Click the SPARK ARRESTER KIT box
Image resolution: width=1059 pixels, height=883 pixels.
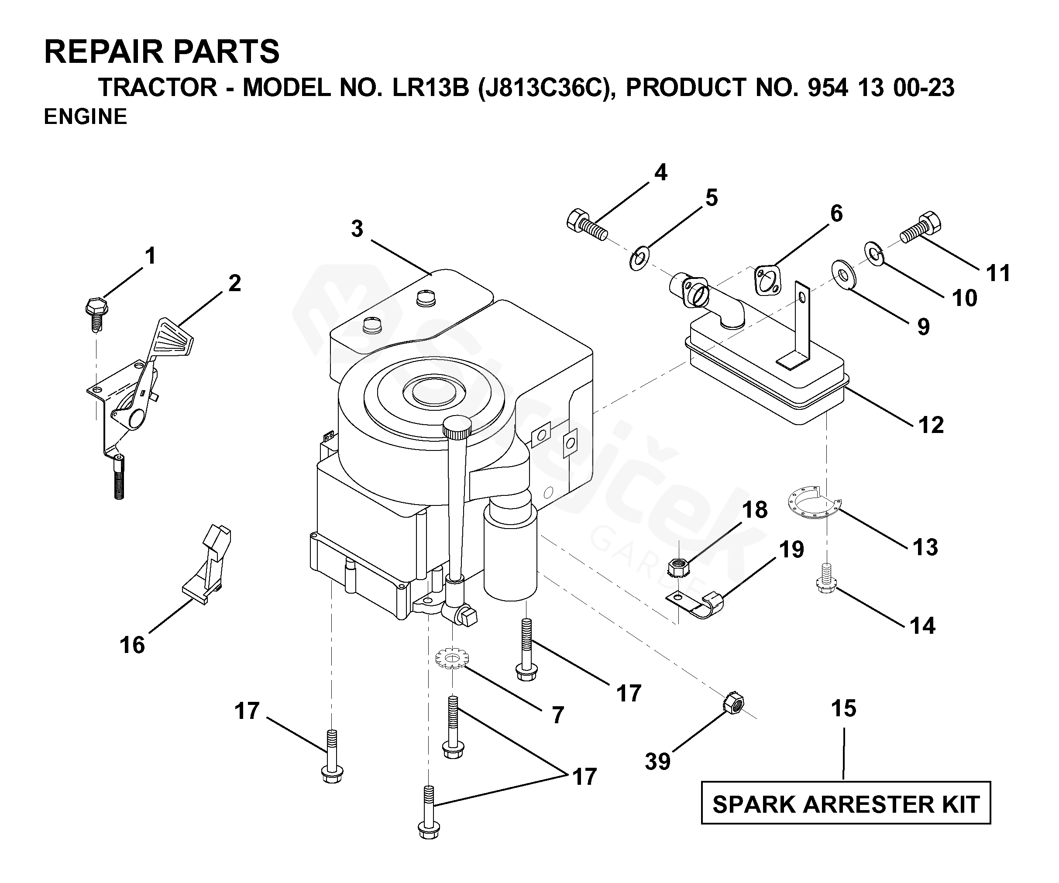pyautogui.click(x=846, y=804)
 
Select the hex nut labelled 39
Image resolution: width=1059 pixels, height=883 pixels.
pyautogui.click(x=734, y=704)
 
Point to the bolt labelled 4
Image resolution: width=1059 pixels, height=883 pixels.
pyautogui.click(x=587, y=227)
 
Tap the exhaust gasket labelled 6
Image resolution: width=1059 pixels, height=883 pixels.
pyautogui.click(x=768, y=280)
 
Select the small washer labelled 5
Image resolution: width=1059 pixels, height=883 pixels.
pyautogui.click(x=639, y=259)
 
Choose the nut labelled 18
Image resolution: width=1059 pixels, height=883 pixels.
pyautogui.click(x=679, y=568)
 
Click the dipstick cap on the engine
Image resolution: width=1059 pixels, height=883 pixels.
pyautogui.click(x=457, y=427)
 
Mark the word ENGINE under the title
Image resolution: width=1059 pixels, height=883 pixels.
pyautogui.click(x=85, y=117)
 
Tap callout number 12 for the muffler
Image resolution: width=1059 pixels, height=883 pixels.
pyautogui.click(x=931, y=425)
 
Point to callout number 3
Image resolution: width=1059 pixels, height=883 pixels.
pyautogui.click(x=357, y=229)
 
